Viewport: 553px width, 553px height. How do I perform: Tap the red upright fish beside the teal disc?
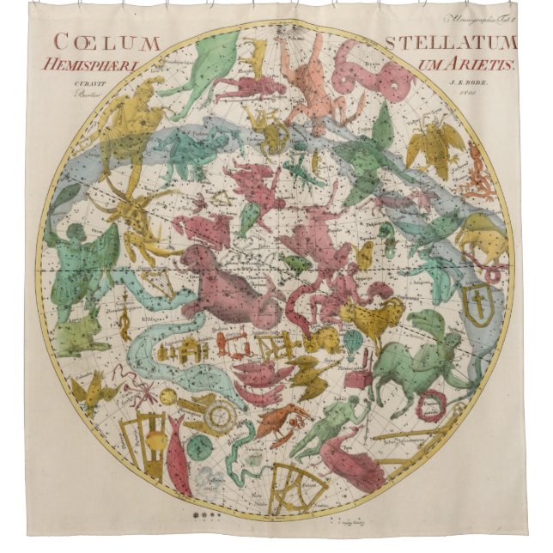click(x=179, y=454)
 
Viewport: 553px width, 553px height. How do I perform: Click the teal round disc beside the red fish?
click(x=199, y=446)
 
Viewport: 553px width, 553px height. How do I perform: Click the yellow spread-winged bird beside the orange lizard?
click(x=434, y=142)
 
